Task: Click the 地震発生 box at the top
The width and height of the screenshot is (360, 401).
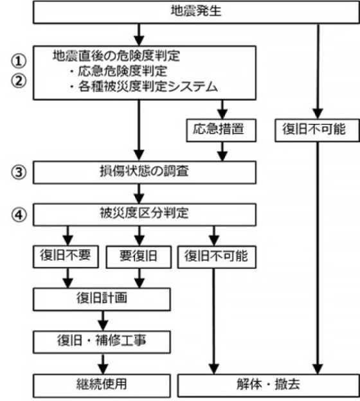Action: point(196,12)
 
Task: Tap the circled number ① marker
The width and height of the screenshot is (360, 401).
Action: point(19,61)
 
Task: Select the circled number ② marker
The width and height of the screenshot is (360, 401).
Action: point(19,80)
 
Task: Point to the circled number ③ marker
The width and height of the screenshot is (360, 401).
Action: point(19,172)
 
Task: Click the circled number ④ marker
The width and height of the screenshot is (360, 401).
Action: point(19,215)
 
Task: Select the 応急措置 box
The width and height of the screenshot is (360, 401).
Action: point(221,130)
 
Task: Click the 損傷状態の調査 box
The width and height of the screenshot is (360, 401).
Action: point(144,172)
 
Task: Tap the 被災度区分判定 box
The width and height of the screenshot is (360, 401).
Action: point(144,215)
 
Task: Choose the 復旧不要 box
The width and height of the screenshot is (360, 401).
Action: point(66,256)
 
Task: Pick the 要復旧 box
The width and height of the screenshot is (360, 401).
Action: point(139,257)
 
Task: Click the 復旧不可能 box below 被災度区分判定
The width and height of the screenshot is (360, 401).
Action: point(217,257)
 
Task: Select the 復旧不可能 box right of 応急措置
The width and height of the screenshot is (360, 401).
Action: point(318,130)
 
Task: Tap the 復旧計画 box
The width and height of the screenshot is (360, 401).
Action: point(102,299)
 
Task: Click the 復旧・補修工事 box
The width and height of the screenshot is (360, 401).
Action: point(102,342)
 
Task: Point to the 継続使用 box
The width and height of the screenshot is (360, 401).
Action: point(102,386)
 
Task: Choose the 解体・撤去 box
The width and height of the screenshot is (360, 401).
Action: point(269,386)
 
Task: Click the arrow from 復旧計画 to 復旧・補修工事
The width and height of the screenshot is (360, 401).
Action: point(103,321)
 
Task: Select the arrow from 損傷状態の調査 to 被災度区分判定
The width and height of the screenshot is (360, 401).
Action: point(139,193)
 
